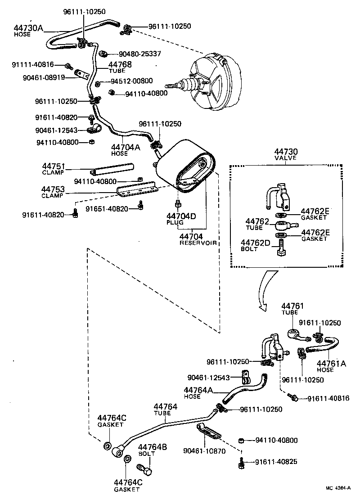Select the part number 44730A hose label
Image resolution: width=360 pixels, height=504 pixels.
(28, 30)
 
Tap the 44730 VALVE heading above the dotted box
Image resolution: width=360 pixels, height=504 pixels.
(287, 155)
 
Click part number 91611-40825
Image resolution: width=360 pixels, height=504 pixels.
(276, 462)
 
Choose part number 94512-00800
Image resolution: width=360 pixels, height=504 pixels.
(131, 81)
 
